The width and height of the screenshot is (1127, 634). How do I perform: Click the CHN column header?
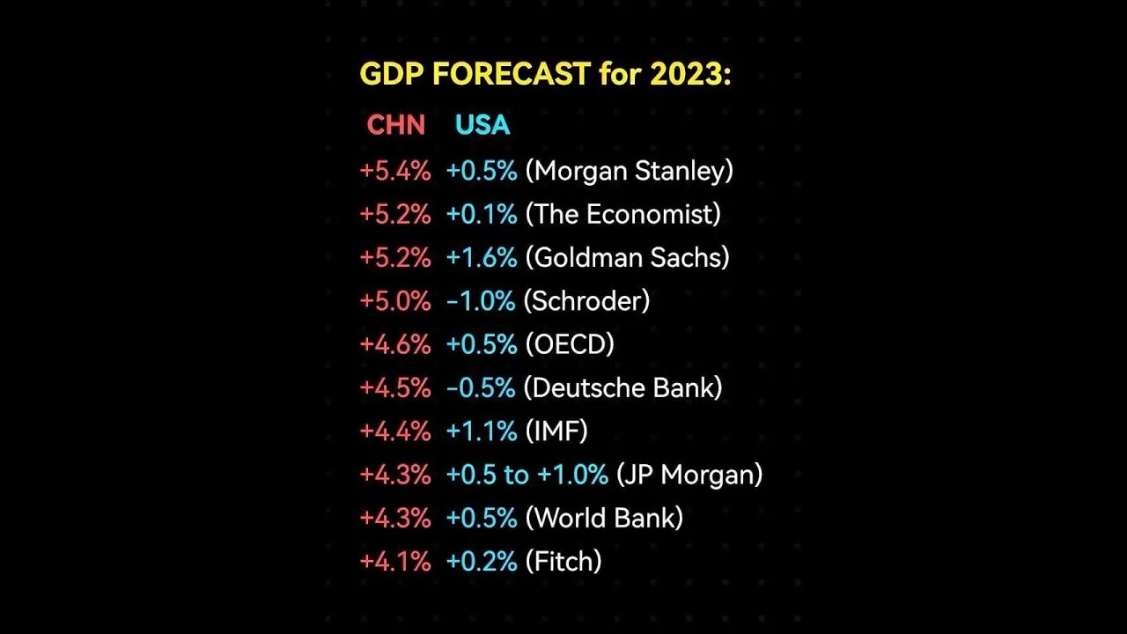coord(395,125)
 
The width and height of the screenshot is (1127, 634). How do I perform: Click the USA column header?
coord(482,125)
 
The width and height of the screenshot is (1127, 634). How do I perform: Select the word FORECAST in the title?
coord(511,75)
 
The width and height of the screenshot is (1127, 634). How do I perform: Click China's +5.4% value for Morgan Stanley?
coord(395,171)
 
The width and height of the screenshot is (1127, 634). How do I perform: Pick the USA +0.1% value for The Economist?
coord(481,214)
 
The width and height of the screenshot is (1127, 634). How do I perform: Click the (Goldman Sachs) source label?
coord(627,257)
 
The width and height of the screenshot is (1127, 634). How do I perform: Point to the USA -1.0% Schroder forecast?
coord(481,300)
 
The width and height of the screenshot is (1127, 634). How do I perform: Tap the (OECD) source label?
coord(569,343)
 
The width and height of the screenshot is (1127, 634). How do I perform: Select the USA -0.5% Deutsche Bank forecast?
coord(481,387)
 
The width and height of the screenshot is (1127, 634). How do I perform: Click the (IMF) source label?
coord(556,431)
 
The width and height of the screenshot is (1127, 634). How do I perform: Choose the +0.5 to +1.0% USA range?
coord(527,475)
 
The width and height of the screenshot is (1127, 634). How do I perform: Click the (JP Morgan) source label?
coord(689,475)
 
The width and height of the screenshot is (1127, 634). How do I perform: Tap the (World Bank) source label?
coord(603,518)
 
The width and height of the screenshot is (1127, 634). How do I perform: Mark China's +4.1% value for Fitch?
coord(395,561)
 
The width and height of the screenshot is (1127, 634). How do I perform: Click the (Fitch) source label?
coord(563,561)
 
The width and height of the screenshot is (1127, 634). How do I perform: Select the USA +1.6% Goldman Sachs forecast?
coord(481,257)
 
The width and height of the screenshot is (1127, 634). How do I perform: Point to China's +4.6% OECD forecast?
coord(395,343)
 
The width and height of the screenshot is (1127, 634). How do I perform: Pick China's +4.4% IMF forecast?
coord(395,431)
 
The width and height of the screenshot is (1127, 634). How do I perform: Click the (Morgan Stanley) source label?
coord(629,171)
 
